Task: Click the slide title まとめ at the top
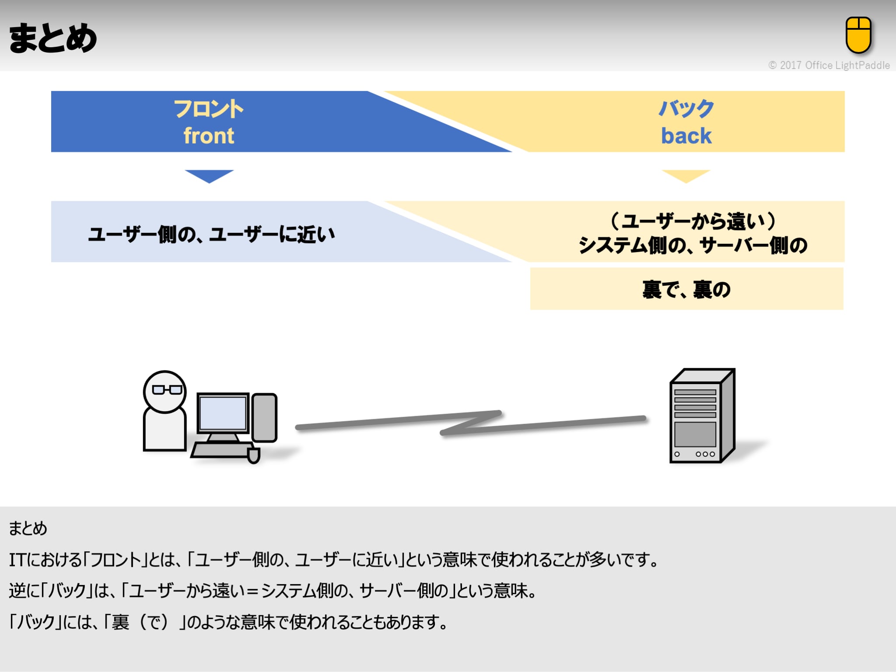click(x=53, y=38)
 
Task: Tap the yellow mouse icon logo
click(x=858, y=35)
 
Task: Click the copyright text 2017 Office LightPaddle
click(x=829, y=65)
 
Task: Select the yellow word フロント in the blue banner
click(x=209, y=108)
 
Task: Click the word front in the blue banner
click(x=209, y=136)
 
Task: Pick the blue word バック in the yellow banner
click(x=686, y=108)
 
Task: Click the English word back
click(x=686, y=136)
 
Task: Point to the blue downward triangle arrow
click(x=209, y=175)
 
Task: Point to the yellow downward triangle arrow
click(x=686, y=175)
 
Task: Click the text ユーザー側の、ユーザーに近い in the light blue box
click(x=212, y=234)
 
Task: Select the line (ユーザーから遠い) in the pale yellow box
click(x=693, y=221)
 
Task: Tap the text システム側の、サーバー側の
click(x=693, y=245)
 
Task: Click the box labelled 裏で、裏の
click(x=686, y=289)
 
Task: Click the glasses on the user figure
click(x=167, y=389)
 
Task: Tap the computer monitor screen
click(x=223, y=413)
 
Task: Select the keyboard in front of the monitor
click(x=221, y=450)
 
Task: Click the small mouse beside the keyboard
click(x=254, y=455)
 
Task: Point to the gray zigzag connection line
click(x=470, y=423)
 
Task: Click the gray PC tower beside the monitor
click(x=264, y=417)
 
